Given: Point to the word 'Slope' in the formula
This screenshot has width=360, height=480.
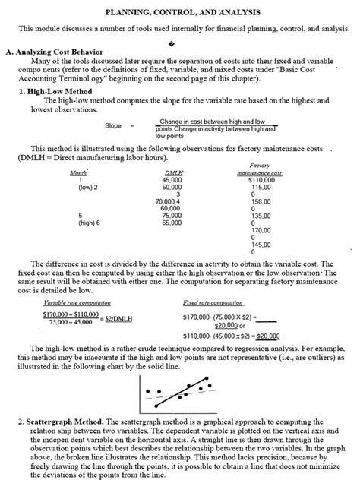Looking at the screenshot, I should (x=113, y=125).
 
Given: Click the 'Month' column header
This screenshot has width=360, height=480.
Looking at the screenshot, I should (x=78, y=173).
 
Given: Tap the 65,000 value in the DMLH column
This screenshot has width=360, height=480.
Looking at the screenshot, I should (x=172, y=223).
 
